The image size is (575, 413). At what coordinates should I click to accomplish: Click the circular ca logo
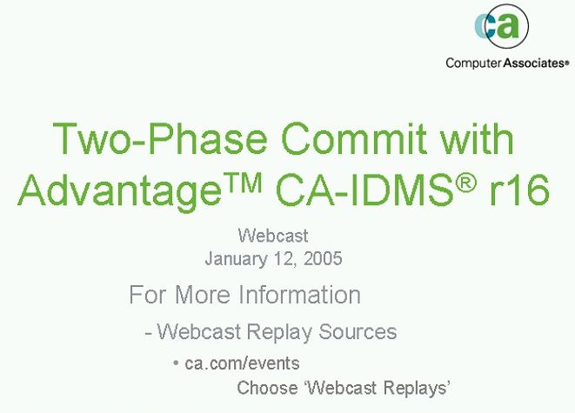coord(502,26)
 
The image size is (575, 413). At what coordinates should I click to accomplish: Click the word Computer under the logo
coord(473,63)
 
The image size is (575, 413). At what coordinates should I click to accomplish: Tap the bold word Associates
coord(534,63)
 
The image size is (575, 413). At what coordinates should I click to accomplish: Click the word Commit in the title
coord(354,138)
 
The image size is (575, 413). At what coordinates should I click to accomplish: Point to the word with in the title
coord(477,138)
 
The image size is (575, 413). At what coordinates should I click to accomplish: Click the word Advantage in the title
coord(119,191)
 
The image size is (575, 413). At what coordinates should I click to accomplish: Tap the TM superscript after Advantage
coord(243,183)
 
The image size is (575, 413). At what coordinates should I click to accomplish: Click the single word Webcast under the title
coord(273,236)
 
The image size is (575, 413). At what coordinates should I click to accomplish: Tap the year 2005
coord(323,258)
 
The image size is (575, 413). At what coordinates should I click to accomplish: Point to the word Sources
coord(358,331)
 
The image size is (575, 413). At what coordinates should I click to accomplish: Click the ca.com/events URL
coord(242,363)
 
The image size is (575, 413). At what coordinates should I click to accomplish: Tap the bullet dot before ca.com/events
coord(176,363)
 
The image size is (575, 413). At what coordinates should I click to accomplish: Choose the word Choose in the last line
coord(267,388)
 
